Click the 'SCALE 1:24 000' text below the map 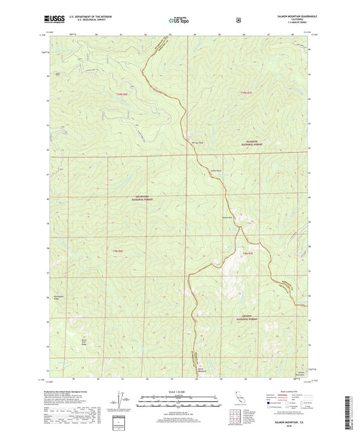(x=179, y=391)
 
